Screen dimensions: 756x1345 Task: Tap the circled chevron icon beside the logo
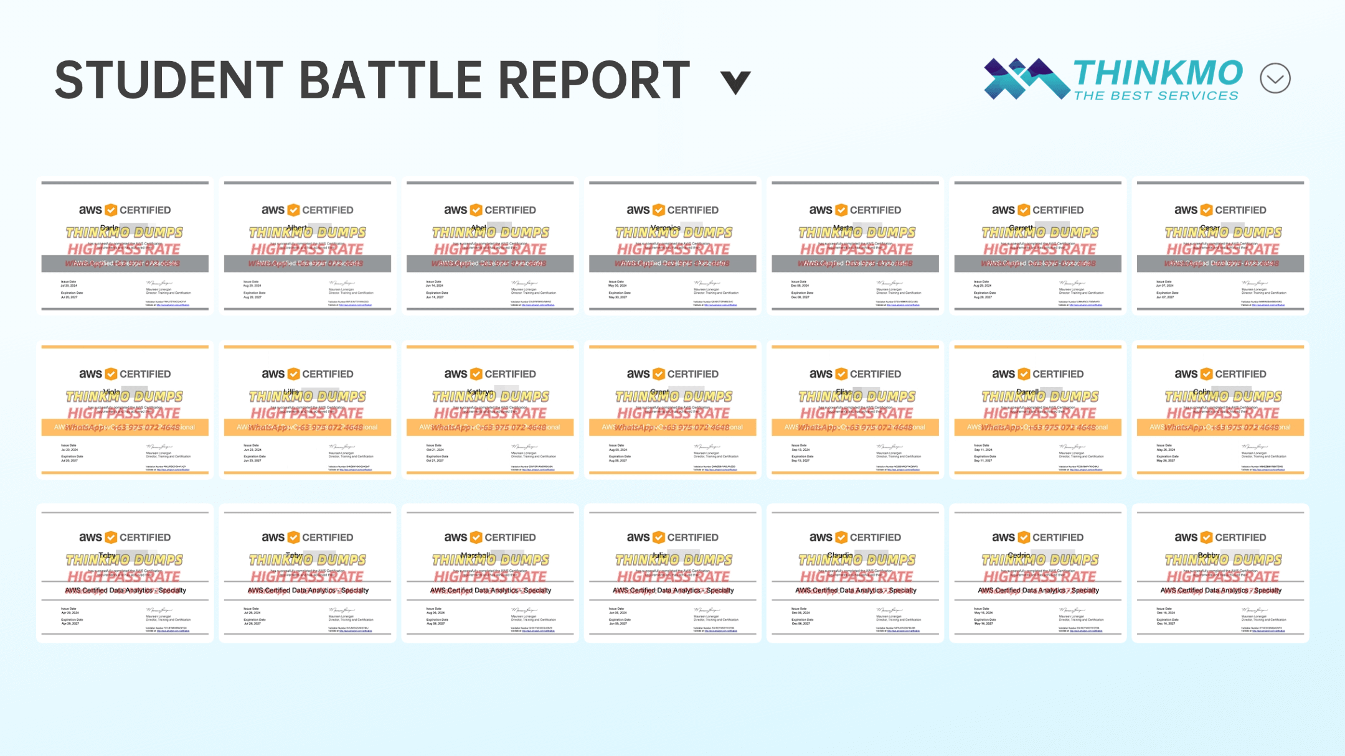coord(1275,78)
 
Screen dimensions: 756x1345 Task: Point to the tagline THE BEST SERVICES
coord(1156,96)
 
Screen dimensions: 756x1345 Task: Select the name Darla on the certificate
coord(110,228)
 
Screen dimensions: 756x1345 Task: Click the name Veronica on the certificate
coord(665,228)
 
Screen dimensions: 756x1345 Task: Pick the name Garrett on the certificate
coord(1021,228)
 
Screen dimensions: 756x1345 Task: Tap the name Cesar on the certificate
coord(1209,228)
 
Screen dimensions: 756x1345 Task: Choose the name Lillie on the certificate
coord(292,392)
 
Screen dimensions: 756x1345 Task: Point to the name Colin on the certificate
coord(1202,392)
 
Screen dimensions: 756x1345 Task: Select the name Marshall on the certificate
coord(476,555)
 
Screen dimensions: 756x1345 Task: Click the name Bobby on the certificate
coord(1209,555)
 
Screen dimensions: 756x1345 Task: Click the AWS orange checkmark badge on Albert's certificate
coord(293,210)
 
